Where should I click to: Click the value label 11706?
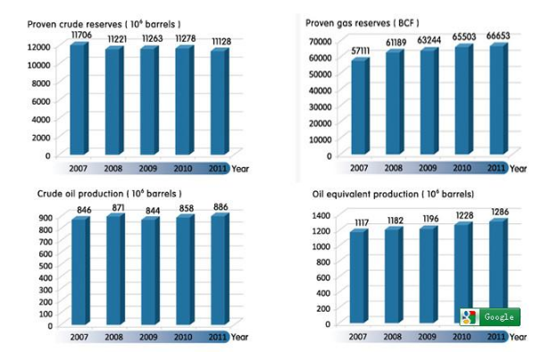(x=81, y=32)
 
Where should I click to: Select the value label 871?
(x=114, y=207)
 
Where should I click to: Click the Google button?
(x=488, y=316)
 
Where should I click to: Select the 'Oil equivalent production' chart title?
(x=393, y=194)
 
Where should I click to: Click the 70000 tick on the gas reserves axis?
(x=320, y=42)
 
